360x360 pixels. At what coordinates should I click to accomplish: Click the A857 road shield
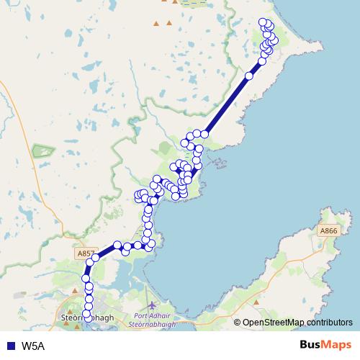86,253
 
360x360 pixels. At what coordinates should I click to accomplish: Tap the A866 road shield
328,230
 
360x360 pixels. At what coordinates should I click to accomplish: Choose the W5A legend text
33,346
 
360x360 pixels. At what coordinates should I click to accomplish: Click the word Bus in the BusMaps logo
310,346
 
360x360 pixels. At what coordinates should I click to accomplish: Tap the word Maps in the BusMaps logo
336,346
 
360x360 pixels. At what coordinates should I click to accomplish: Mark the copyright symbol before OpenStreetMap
237,322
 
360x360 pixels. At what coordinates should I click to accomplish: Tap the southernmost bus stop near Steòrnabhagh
88,314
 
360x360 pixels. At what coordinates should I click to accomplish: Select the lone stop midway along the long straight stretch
249,76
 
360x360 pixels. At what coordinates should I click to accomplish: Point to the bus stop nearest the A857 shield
95,258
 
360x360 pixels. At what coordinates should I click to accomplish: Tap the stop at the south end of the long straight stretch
204,133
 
